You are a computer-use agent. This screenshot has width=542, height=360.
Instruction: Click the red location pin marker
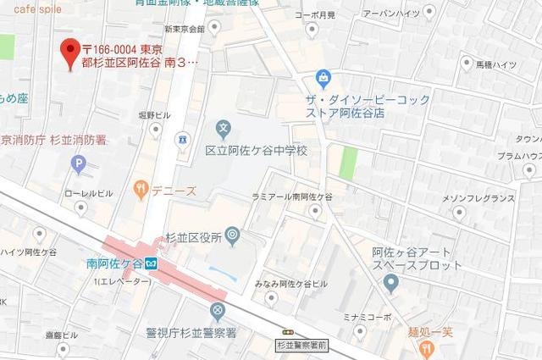coord(71,53)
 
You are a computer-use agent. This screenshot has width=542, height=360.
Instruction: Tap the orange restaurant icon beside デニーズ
coord(141,190)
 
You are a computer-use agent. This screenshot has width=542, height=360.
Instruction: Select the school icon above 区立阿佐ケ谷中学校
coord(223,130)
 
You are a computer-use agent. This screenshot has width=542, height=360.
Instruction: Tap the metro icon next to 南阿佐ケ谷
coord(148,263)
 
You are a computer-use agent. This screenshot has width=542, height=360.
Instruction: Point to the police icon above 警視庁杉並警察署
coord(219,311)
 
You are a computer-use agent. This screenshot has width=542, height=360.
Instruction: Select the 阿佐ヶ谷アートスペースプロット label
coord(417,258)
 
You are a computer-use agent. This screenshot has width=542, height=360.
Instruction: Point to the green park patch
coord(347,162)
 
